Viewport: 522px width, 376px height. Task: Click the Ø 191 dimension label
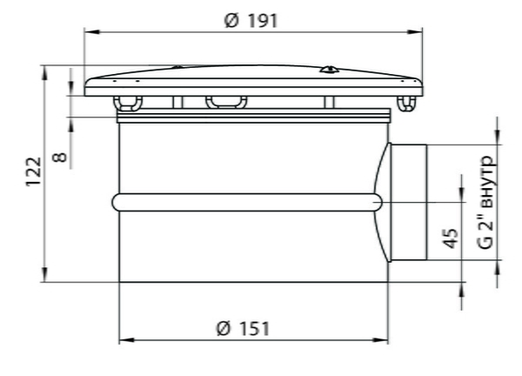point(251,21)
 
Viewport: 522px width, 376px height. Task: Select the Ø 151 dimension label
point(243,328)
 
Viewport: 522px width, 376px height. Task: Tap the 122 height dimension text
point(34,171)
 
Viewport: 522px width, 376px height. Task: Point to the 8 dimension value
point(60,157)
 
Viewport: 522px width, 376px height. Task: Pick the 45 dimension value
point(452,238)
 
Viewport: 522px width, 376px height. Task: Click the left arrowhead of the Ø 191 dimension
point(92,32)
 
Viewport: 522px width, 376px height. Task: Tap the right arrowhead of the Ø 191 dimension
point(415,32)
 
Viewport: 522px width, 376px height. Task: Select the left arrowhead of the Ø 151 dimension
point(127,340)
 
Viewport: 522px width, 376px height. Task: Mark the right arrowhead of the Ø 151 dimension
point(380,340)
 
